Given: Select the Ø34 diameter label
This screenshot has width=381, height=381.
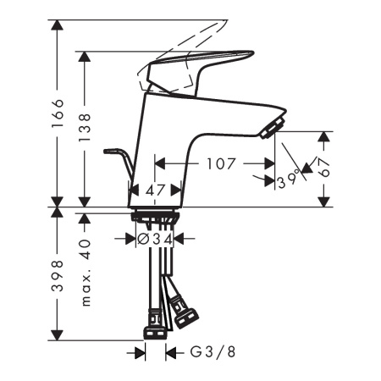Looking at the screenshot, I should pyautogui.click(x=156, y=240).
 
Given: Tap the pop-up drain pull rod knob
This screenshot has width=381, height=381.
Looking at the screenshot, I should pyautogui.click(x=110, y=152).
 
